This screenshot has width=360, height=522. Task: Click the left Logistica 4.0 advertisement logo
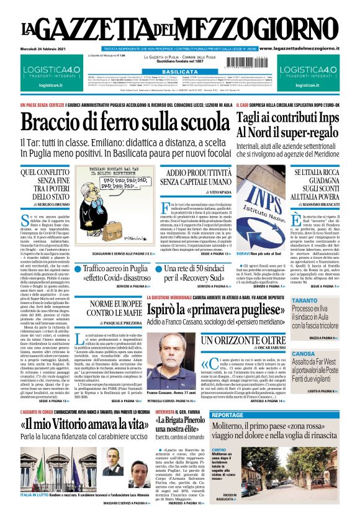pos(50,72)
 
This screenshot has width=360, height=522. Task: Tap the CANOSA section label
pos(304,353)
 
